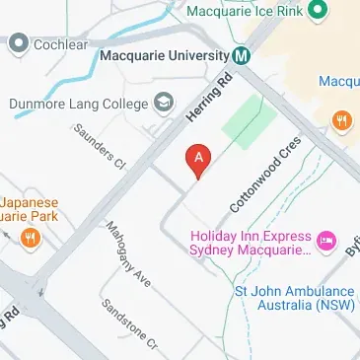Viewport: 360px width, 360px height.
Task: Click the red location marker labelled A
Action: point(198,159)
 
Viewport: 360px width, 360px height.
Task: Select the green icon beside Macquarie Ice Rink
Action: point(318,12)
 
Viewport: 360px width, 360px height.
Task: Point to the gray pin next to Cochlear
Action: point(18,43)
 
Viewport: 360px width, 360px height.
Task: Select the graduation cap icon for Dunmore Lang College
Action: point(164,102)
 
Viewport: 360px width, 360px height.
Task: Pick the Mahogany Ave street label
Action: point(129,254)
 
